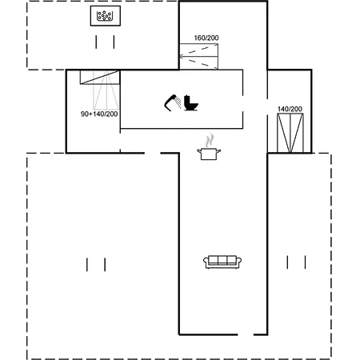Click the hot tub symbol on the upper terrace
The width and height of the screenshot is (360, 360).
point(106,16)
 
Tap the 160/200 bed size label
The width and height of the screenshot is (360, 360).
point(206,38)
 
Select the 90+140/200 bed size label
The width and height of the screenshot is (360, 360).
point(99,114)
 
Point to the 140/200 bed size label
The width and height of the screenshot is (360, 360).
point(290,109)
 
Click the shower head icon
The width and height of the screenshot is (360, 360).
point(173,102)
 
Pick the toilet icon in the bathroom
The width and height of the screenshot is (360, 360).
point(191,102)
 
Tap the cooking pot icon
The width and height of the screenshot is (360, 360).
point(209,154)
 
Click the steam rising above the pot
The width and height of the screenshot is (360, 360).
point(210,141)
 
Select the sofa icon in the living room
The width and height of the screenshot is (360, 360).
point(222,262)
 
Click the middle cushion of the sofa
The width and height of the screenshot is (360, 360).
point(222,260)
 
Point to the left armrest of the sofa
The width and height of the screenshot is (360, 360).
point(206,262)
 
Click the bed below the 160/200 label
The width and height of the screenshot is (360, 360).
point(199,56)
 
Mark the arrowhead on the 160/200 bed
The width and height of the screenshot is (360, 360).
point(182,56)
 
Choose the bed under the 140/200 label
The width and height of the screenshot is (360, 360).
point(290,133)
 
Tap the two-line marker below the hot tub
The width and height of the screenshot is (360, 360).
point(105,42)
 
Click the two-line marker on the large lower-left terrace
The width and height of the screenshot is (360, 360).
point(96,265)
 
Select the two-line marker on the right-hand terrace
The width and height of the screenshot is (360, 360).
point(296,262)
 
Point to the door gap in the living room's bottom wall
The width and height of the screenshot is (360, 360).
point(246,334)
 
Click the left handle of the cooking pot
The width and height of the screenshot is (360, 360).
point(199,151)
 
